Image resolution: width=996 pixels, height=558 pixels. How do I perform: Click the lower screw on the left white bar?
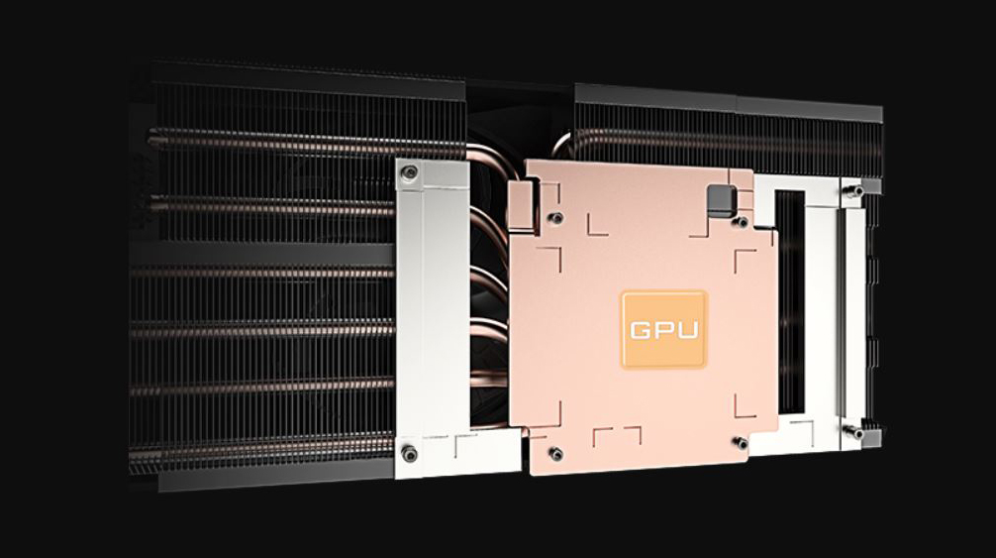tap(409, 454)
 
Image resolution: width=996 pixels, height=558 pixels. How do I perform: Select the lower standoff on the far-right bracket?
tap(855, 433)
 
